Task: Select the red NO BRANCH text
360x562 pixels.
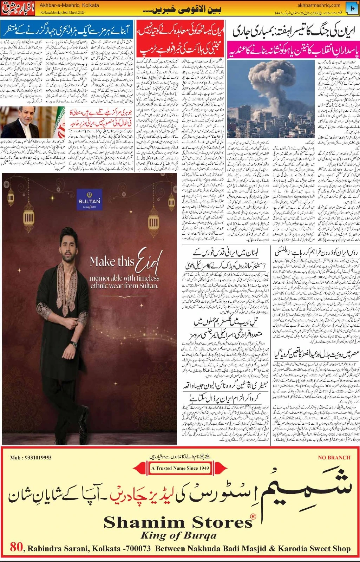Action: [x=334, y=458]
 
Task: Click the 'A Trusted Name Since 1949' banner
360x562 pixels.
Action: [x=180, y=468]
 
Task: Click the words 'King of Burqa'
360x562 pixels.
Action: [x=178, y=536]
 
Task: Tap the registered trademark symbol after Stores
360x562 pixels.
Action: [x=253, y=516]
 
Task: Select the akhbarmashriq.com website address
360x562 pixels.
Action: [x=319, y=5]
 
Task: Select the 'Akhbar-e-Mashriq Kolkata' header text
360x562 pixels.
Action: [x=69, y=6]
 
